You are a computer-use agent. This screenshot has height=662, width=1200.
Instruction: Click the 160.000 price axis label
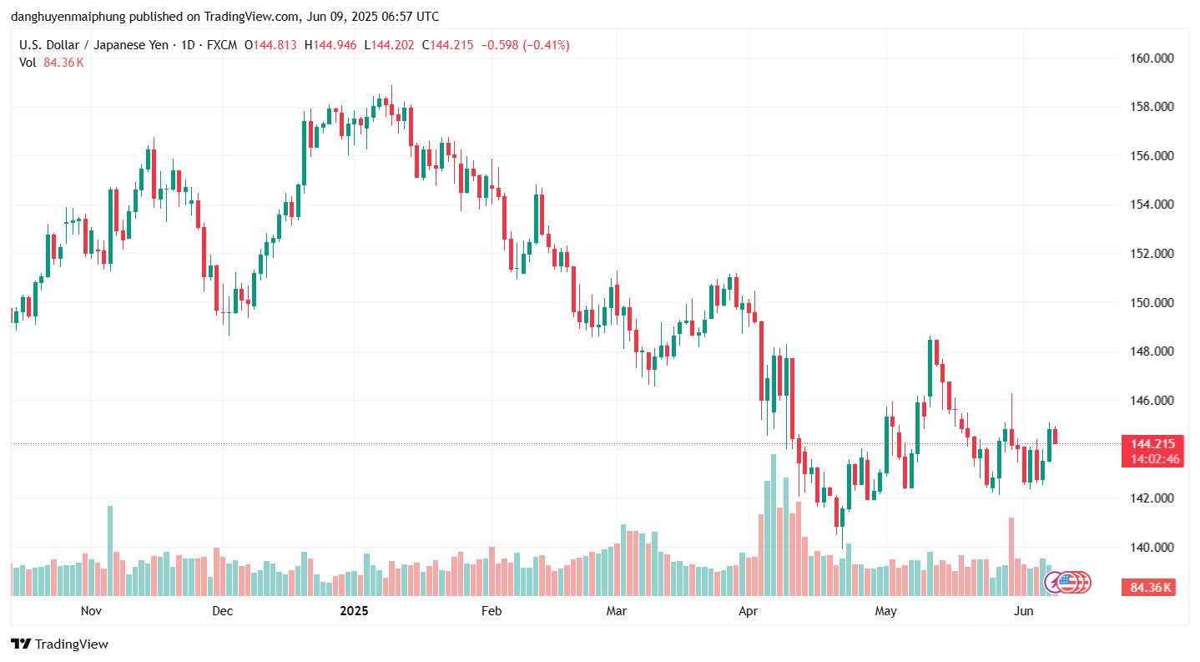click(x=1145, y=58)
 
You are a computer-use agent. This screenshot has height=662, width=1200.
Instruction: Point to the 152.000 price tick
click(x=1145, y=254)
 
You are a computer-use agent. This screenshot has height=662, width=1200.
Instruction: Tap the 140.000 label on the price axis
click(x=1145, y=548)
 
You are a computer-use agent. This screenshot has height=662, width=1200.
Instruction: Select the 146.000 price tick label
click(x=1145, y=401)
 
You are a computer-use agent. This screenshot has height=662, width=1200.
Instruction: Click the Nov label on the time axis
click(x=91, y=611)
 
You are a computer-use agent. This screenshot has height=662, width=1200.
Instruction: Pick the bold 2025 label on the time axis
click(x=354, y=611)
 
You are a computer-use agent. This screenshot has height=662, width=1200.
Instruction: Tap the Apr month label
click(x=749, y=611)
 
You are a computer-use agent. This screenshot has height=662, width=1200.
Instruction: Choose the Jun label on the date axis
click(x=1023, y=611)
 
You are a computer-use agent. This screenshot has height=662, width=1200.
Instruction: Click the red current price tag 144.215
click(x=1152, y=444)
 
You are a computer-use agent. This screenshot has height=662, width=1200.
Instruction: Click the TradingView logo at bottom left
click(x=59, y=644)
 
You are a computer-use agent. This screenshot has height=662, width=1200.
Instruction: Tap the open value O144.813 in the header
click(x=270, y=45)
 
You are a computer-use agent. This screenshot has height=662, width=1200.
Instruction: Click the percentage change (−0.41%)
click(x=546, y=45)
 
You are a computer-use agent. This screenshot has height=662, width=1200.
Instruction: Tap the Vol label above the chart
click(x=28, y=62)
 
